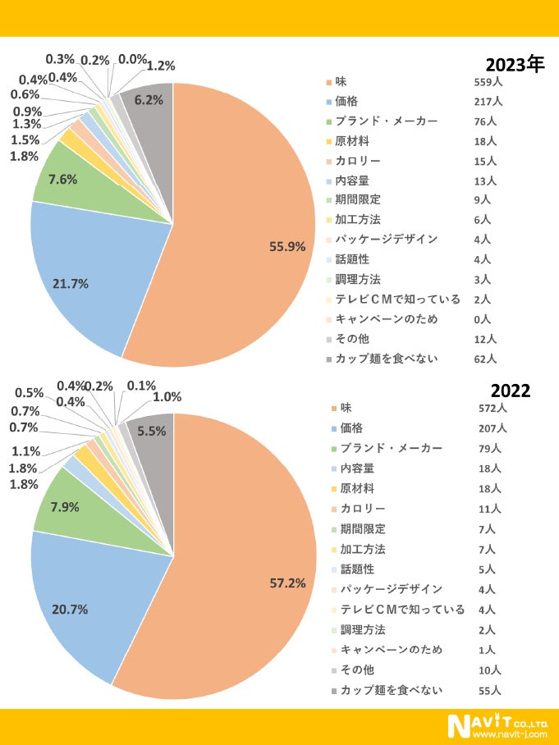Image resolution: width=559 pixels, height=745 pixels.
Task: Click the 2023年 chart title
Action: tap(515, 64)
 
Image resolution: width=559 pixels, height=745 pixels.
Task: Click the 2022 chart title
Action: tap(511, 391)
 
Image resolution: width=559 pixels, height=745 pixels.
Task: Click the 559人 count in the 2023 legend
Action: tap(488, 82)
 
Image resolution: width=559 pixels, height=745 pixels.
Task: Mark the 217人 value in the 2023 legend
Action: tap(488, 102)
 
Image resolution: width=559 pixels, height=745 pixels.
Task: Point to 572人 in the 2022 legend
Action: tap(493, 408)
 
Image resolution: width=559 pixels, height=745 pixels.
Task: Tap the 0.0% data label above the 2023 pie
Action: tap(133, 59)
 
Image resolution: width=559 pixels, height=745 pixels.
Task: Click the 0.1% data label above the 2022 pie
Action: tap(142, 386)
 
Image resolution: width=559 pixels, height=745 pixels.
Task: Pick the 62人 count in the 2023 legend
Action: tap(485, 359)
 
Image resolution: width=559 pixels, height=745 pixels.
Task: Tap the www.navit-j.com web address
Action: tap(510, 734)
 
